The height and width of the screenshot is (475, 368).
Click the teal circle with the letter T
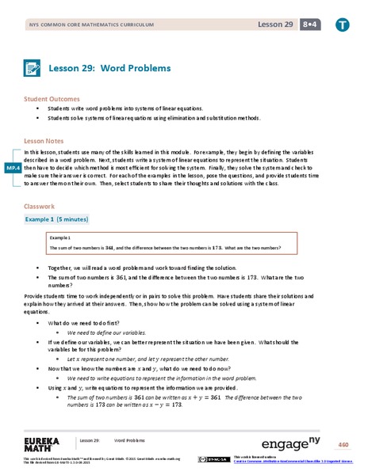pos(342,25)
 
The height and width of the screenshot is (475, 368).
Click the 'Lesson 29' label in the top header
pos(274,25)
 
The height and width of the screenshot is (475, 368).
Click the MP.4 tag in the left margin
pos(11,169)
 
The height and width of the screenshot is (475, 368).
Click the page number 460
pos(343,443)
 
